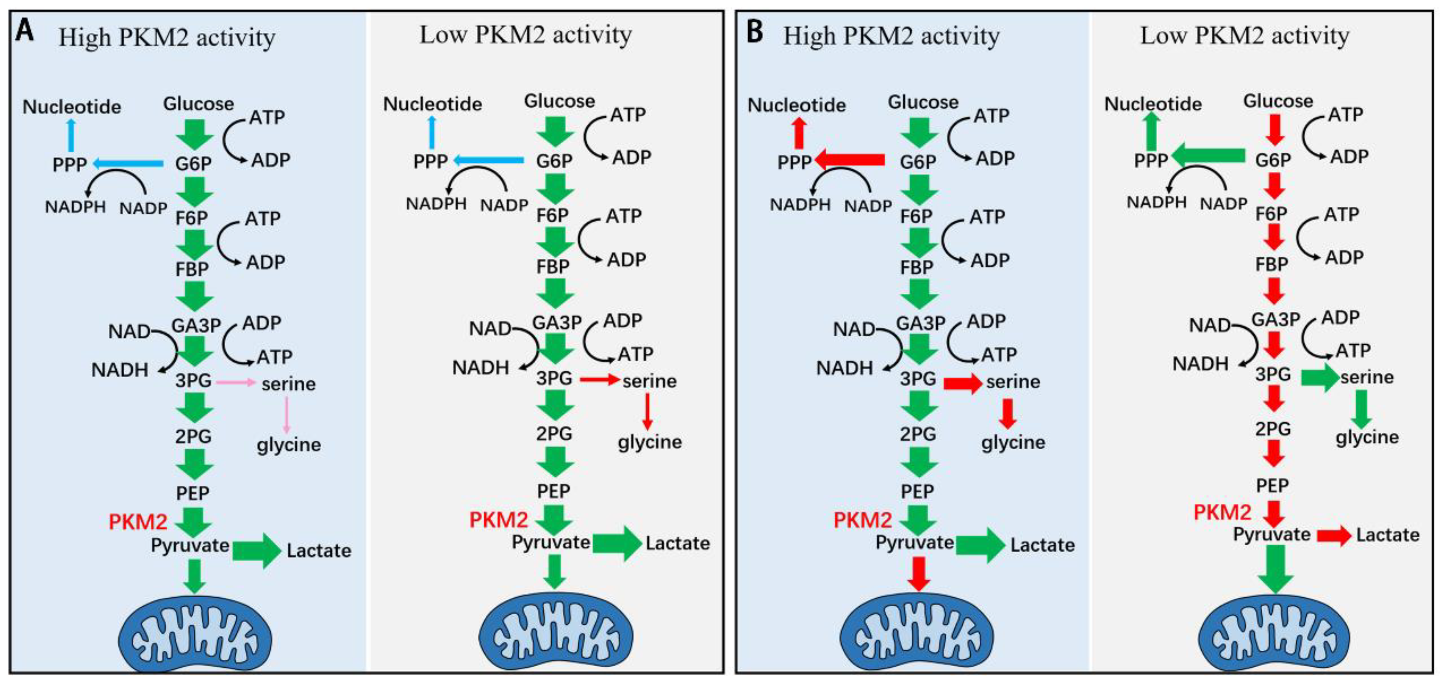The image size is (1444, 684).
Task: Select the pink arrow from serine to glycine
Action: tap(287, 414)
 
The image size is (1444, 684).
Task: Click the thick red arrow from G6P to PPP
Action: tap(849, 160)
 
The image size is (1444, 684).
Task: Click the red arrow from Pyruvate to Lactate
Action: tap(1334, 536)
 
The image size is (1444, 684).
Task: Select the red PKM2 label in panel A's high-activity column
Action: tap(138, 522)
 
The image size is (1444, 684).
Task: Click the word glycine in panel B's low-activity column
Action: tap(1367, 437)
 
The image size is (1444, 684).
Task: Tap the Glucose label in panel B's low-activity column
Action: tap(1278, 101)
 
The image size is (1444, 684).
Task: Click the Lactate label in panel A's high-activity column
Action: tap(319, 551)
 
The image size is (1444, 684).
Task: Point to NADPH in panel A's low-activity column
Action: tap(436, 204)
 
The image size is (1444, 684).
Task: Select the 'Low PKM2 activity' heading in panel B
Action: tap(1244, 36)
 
